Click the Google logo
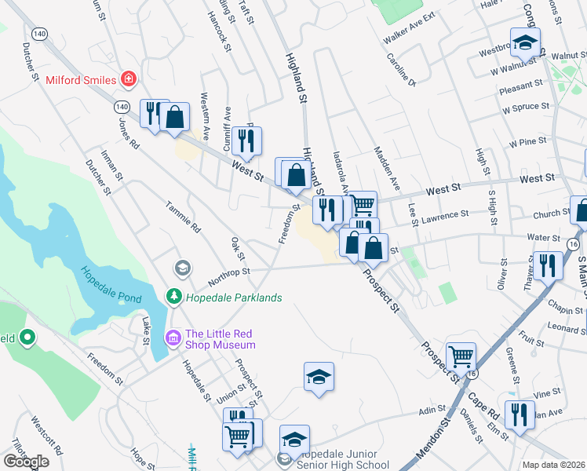tap(26, 461)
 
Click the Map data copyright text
tap(554, 465)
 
